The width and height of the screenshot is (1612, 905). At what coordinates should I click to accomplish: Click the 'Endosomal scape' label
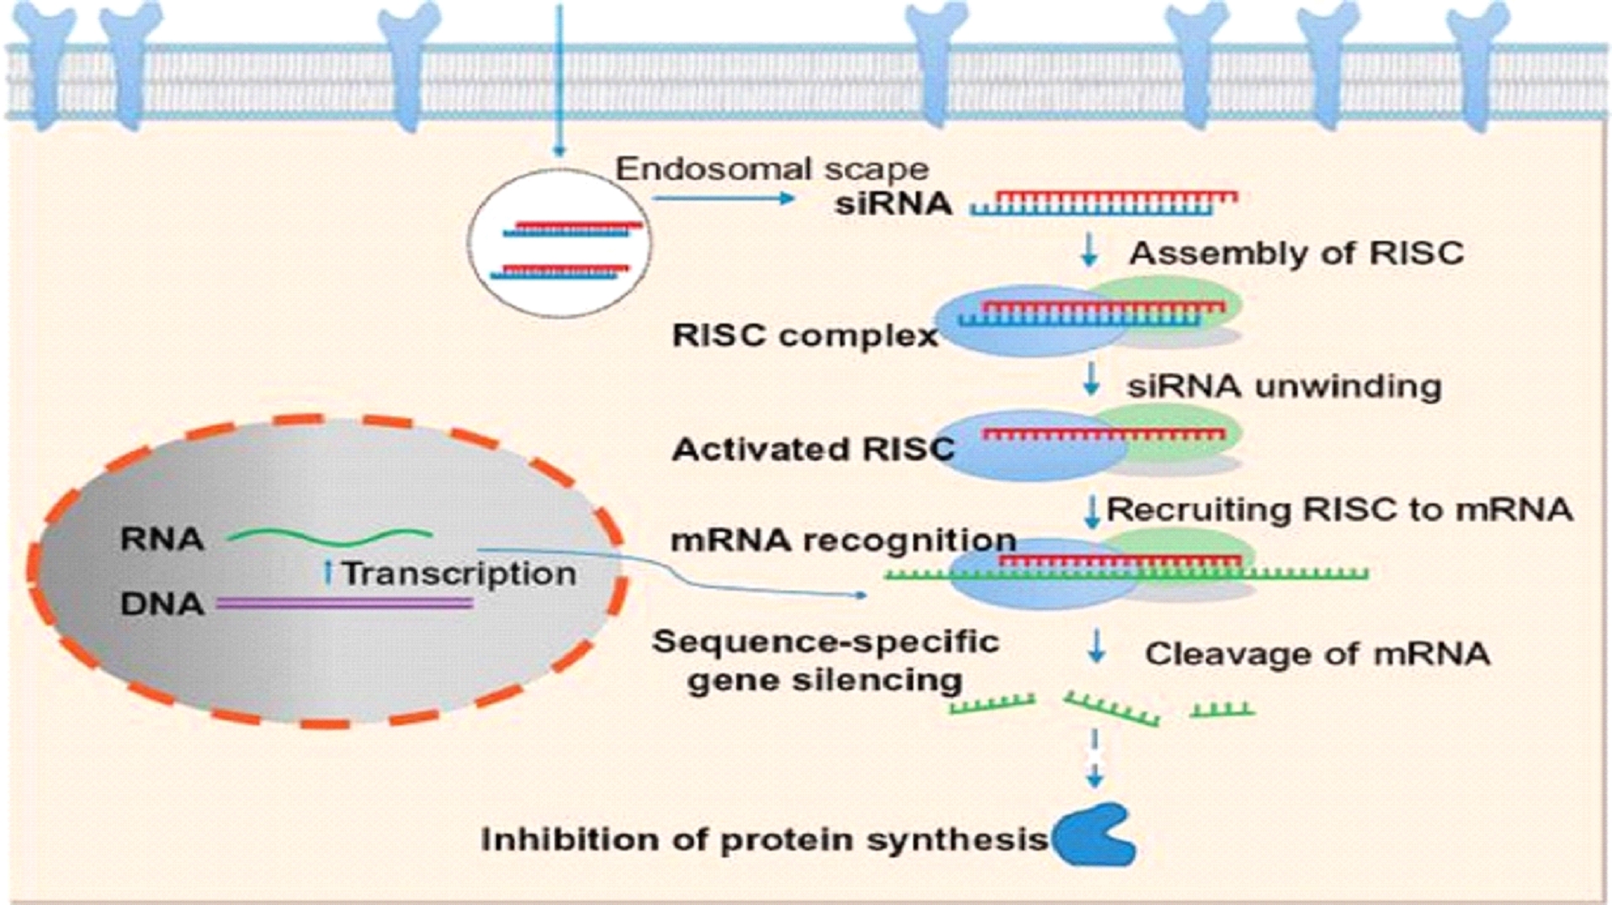click(772, 169)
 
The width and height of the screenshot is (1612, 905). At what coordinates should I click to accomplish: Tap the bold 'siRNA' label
click(893, 204)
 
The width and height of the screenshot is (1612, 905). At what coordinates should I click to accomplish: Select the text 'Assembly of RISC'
click(1296, 253)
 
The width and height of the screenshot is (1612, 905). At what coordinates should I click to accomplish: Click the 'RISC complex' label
click(804, 336)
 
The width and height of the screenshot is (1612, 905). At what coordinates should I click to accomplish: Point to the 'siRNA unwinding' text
click(1284, 386)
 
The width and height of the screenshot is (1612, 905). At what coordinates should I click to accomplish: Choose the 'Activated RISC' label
click(813, 450)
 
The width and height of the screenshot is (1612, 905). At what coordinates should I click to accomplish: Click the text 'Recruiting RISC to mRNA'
click(1339, 510)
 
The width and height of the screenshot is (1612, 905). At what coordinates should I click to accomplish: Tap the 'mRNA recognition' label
click(843, 540)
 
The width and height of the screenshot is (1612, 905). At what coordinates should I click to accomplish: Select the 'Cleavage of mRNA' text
click(1317, 654)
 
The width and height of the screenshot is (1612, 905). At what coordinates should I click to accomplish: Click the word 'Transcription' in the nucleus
click(459, 574)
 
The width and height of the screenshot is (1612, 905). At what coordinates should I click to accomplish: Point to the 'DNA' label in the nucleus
click(162, 604)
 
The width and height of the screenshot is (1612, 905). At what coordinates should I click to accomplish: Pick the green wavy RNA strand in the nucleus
click(331, 536)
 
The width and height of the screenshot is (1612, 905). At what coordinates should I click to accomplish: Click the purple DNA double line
click(345, 603)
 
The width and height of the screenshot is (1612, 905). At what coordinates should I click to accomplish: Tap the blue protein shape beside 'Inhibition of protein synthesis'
click(1093, 835)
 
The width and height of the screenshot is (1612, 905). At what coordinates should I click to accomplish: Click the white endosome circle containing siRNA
click(559, 242)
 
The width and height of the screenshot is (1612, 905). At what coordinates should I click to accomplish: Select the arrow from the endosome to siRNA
click(723, 198)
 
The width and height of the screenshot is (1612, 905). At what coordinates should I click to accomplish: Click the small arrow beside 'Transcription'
click(328, 573)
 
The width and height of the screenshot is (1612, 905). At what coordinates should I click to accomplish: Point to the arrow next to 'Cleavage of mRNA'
click(1095, 647)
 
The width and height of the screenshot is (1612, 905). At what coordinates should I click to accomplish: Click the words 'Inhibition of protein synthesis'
click(764, 839)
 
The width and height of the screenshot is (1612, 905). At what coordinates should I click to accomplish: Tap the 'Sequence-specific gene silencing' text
click(825, 661)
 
